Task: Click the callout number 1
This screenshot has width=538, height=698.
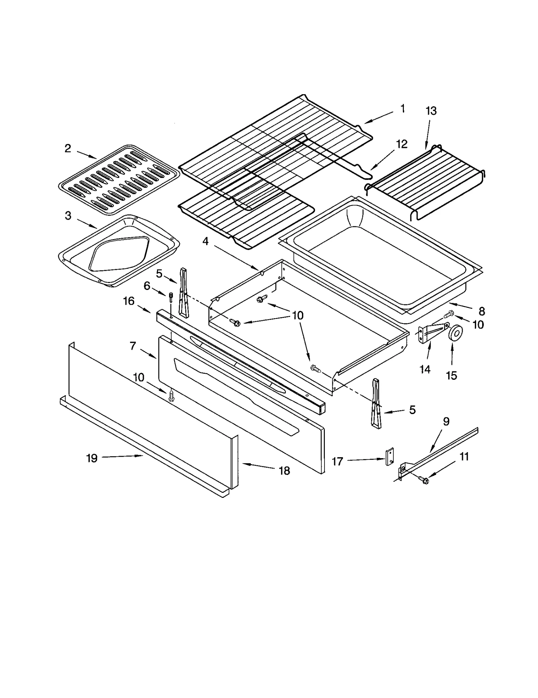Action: (402, 109)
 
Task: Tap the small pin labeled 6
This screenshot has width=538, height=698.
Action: (171, 297)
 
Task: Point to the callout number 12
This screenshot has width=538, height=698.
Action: (401, 144)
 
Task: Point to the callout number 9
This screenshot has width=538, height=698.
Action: (446, 421)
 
